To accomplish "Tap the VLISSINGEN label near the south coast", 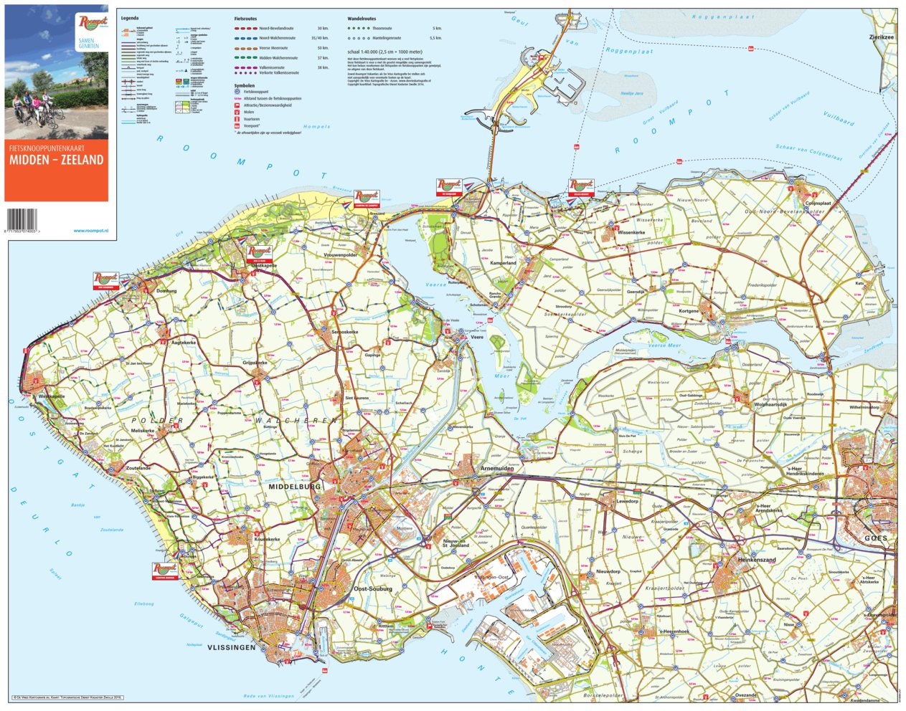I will pos(231,647).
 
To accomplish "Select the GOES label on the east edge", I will pos(875,538).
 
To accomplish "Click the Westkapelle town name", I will pos(52,396).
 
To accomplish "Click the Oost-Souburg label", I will pos(373,589).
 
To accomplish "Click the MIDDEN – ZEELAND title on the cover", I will pos(56,161).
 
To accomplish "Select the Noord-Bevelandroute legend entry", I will pos(277,28).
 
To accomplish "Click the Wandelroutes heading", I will pos(362,19).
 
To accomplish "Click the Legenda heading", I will pos(129,16).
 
